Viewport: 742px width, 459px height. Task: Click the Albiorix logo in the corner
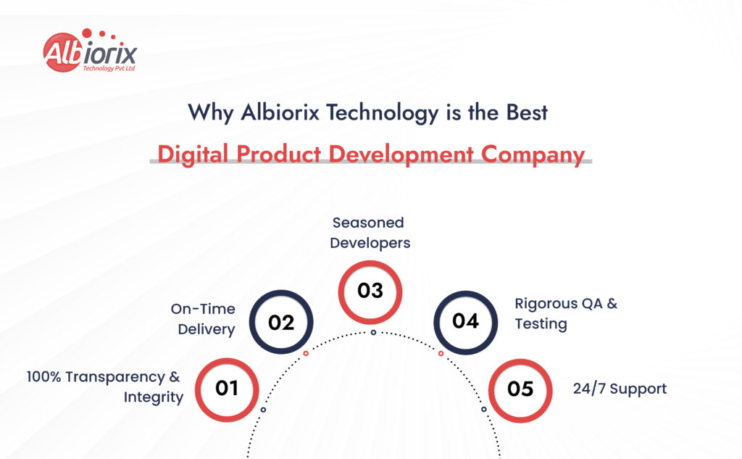pos(89,51)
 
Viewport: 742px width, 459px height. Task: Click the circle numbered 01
pos(227,389)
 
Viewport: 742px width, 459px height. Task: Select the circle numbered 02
pos(281,322)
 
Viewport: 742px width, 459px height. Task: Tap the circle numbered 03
pos(370,291)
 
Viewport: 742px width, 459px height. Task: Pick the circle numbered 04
pos(465,321)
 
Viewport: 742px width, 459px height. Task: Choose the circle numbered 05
pos(520,389)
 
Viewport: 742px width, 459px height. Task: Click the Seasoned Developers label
pos(370,233)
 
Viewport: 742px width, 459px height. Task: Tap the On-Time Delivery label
pos(203,319)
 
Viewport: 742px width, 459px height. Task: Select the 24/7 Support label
pos(620,389)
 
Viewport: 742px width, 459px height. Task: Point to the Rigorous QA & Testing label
pos(566,313)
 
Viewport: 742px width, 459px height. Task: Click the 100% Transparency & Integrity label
pos(104,386)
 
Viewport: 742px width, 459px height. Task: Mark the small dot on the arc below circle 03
pos(373,332)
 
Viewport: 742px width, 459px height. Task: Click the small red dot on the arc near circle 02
pos(306,354)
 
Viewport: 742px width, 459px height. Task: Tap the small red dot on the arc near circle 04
pos(441,354)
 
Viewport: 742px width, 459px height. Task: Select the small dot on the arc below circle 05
pos(484,410)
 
